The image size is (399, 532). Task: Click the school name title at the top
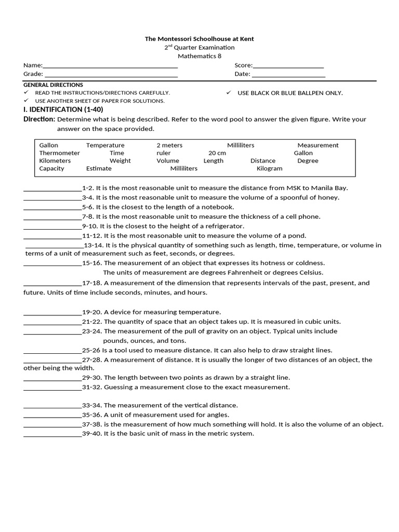point(199,39)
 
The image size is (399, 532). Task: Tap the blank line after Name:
point(110,66)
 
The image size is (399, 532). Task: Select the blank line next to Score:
point(288,66)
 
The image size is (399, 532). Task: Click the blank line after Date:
point(288,75)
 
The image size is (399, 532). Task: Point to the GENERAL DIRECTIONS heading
point(53,85)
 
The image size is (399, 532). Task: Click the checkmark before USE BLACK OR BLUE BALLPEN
point(228,92)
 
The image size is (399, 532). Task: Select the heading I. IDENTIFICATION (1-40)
point(63,110)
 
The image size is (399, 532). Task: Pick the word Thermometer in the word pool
point(60,153)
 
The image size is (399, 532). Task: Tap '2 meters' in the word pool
point(169,145)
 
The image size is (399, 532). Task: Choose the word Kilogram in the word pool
point(270,168)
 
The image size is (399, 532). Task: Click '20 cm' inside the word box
point(217,153)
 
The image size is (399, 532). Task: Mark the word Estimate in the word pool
point(99,168)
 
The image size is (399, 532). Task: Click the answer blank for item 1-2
point(52,189)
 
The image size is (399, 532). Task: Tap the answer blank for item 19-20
point(52,313)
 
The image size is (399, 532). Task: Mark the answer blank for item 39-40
point(52,434)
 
